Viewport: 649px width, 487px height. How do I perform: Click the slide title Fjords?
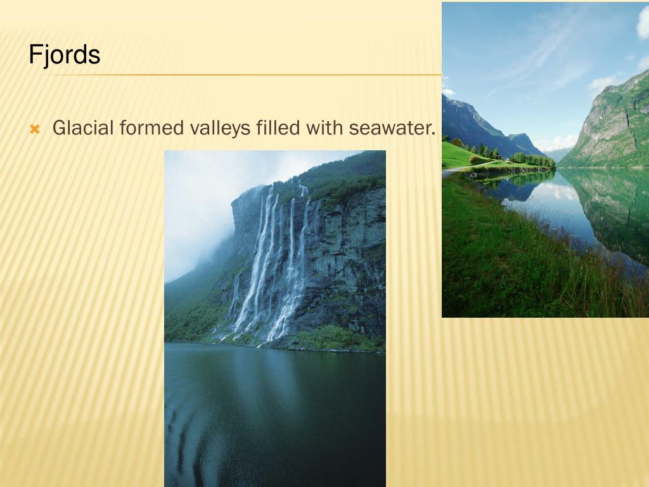64,55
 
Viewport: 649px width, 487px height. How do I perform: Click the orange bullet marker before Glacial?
35,130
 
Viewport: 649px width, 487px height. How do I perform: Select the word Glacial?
83,128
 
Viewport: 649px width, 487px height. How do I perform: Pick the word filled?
279,128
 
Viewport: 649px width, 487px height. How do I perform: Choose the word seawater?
389,129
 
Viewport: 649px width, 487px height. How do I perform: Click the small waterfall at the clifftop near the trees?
304,188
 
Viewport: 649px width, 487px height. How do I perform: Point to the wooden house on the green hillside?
456,142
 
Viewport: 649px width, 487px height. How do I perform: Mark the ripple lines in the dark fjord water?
184,431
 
